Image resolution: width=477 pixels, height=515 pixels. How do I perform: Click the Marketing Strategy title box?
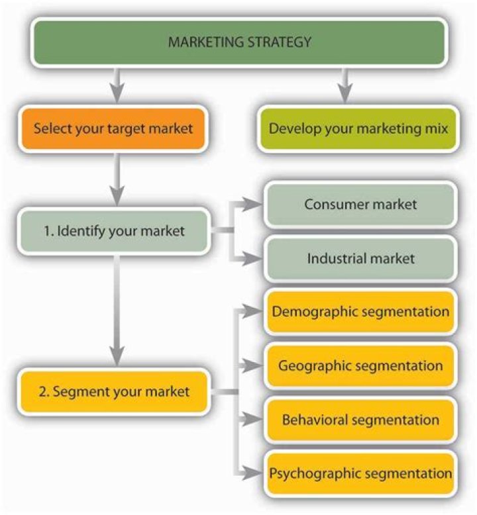[239, 43]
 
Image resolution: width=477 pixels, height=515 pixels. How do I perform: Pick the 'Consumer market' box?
[360, 205]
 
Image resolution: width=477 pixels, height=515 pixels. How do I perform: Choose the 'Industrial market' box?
[360, 258]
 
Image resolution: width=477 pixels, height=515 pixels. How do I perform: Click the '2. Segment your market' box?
[113, 391]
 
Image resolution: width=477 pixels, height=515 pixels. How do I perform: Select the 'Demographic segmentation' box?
[360, 311]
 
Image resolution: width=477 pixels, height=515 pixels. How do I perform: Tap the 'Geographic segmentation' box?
[360, 365]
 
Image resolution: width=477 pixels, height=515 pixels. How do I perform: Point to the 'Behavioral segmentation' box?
[360, 420]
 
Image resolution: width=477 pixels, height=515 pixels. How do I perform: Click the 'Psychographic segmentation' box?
[360, 473]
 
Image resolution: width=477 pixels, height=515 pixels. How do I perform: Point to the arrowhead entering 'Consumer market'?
[254, 205]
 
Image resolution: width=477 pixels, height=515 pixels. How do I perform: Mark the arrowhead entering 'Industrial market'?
[254, 258]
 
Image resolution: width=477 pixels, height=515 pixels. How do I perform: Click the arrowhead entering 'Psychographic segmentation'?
[254, 473]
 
